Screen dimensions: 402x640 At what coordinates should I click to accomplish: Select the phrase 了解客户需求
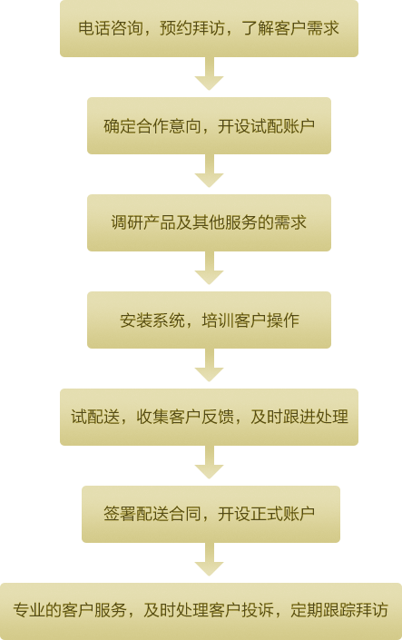tap(290, 28)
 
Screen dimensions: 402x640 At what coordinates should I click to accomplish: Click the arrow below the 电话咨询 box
tap(209, 74)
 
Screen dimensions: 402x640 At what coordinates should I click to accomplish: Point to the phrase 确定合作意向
tap(152, 125)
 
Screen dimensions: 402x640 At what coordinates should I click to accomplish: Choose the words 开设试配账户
tap(266, 125)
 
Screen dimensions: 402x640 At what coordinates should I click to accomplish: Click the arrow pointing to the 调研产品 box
tap(209, 171)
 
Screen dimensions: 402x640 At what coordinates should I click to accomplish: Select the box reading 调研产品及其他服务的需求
tap(209, 222)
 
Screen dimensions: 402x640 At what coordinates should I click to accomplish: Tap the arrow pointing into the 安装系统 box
tap(209, 268)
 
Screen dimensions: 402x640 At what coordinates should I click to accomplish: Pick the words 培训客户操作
tap(250, 320)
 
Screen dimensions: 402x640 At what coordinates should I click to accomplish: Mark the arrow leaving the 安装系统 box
tap(209, 365)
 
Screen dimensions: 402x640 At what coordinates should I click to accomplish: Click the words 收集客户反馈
tap(185, 418)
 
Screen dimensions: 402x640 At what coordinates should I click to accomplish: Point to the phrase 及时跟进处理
tap(299, 418)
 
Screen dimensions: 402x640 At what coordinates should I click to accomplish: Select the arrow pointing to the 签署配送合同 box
tap(209, 462)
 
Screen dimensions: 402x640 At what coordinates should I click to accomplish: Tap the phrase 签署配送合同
tap(152, 515)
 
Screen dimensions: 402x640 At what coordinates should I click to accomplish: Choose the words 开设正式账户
tap(266, 515)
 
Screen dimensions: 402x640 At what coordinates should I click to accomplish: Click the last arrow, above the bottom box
tap(209, 559)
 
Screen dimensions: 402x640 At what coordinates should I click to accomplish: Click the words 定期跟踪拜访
tap(339, 611)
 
